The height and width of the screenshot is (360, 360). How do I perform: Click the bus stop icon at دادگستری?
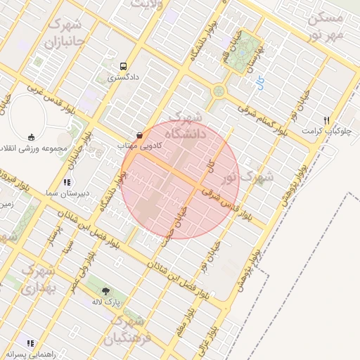[x=124, y=65]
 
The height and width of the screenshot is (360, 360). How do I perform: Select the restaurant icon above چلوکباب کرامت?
[x=326, y=120]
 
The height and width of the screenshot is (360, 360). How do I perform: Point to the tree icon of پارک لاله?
[x=106, y=290]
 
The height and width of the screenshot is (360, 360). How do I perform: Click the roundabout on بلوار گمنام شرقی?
[x=219, y=91]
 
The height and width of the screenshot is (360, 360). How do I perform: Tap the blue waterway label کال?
[x=260, y=82]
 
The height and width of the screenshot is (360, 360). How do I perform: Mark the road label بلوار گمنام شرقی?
[x=262, y=120]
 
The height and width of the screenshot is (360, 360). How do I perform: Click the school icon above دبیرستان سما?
[x=68, y=182]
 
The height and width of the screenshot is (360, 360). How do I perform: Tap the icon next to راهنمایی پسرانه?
[x=30, y=343]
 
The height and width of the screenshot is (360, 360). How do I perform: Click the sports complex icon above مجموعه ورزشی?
[x=32, y=137]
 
